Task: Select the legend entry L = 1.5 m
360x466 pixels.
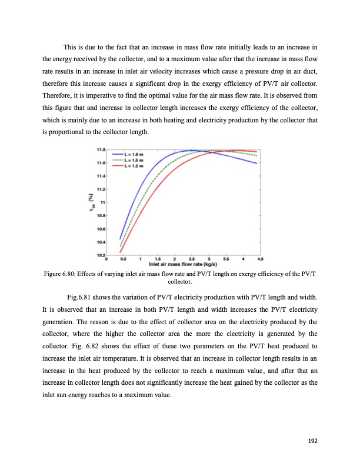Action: click(135, 160)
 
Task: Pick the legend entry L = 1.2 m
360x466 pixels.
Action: click(135, 165)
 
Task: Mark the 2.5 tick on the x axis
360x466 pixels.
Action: click(192, 259)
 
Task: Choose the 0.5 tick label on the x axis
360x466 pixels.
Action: click(123, 259)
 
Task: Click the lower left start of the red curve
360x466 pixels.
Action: click(121, 252)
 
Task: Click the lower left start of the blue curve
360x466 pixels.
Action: click(121, 238)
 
